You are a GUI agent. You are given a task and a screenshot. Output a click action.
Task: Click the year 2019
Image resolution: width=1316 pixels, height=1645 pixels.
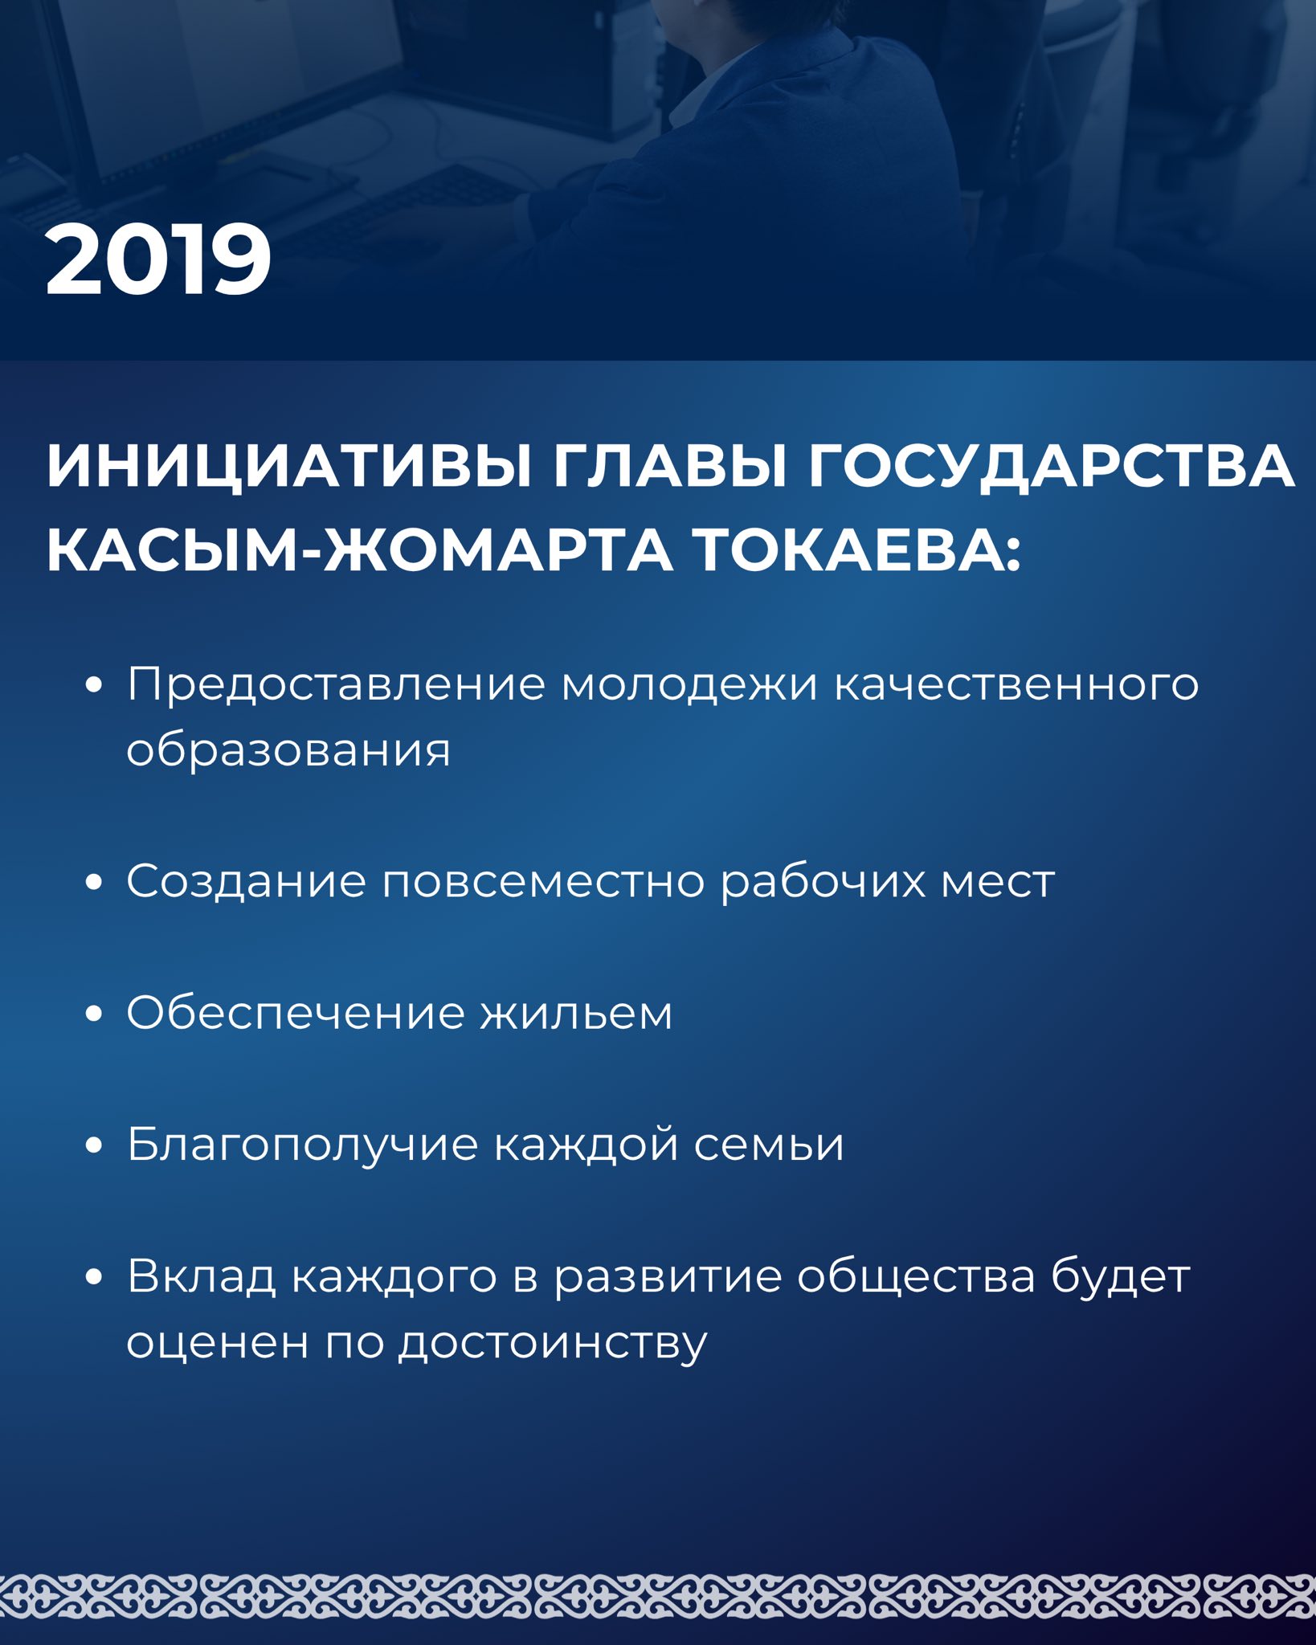click(158, 260)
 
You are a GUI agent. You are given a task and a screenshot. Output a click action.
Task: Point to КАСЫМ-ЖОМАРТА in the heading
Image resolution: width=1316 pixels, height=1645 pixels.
click(359, 551)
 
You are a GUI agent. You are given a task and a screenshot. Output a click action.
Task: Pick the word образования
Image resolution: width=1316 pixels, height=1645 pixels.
click(288, 751)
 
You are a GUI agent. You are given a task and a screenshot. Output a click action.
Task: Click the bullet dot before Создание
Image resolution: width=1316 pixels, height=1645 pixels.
click(94, 882)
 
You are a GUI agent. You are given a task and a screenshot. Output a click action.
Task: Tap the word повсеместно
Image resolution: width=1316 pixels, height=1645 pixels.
click(542, 882)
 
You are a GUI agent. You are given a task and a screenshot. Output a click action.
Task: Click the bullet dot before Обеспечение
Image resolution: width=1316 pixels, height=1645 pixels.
click(94, 1014)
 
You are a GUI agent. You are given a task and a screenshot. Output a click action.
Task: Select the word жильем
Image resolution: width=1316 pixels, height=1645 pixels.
click(575, 1014)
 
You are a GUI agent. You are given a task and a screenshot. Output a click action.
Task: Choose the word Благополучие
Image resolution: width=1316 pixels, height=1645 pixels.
click(302, 1144)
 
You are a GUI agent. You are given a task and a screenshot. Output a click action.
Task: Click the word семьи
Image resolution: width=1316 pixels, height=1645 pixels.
click(769, 1145)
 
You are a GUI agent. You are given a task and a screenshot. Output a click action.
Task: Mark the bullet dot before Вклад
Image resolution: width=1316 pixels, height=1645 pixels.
click(94, 1276)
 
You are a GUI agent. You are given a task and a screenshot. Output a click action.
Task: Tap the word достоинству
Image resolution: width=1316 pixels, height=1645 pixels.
click(554, 1343)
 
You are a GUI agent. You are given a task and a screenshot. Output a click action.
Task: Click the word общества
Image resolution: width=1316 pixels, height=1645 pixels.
click(916, 1276)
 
